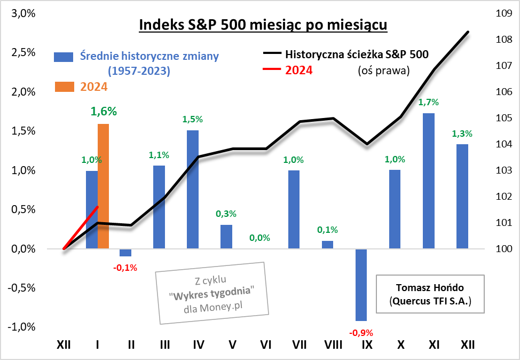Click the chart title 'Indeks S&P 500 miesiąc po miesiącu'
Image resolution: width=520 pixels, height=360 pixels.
[263, 25]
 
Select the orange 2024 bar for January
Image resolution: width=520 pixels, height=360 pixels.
[103, 186]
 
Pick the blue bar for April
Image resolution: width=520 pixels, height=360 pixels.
[193, 189]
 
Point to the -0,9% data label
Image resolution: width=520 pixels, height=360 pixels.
[361, 333]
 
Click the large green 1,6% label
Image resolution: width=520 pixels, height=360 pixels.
[104, 111]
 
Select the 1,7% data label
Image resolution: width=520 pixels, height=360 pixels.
[428, 102]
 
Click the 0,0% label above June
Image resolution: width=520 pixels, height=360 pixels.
[260, 238]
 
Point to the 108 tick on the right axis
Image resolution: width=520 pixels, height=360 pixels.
[504, 40]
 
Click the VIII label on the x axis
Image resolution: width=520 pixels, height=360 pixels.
[333, 345]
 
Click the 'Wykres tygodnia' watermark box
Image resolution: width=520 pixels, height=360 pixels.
[211, 293]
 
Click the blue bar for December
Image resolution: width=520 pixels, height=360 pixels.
[462, 196]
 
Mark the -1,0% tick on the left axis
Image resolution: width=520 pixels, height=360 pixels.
[21, 327]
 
